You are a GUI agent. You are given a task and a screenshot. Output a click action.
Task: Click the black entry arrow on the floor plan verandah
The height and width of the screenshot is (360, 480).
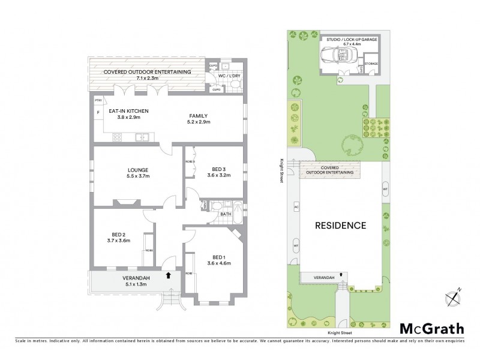[x=169, y=276]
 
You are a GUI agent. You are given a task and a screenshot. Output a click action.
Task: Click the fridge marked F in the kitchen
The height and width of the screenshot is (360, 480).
[x=97, y=112]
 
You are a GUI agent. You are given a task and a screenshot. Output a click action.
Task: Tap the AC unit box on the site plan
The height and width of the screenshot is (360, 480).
[x=296, y=208]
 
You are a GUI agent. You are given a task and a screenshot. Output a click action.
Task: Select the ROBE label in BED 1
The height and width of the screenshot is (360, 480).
[x=188, y=273]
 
